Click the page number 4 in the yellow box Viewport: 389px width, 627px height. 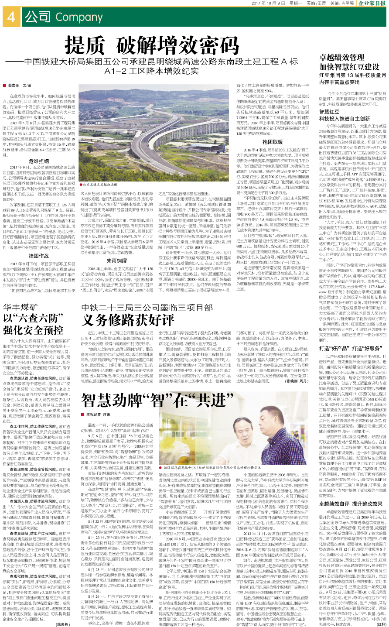tap(11, 17)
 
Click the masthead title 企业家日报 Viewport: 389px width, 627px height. tap(372, 3)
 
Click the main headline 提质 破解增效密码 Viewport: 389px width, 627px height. tap(152, 45)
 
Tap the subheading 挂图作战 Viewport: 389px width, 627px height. tap(38, 256)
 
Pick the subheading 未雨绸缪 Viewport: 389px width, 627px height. tap(117, 260)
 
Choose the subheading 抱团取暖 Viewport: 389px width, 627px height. tap(273, 142)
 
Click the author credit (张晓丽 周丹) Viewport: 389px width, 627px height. tap(298, 381)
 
